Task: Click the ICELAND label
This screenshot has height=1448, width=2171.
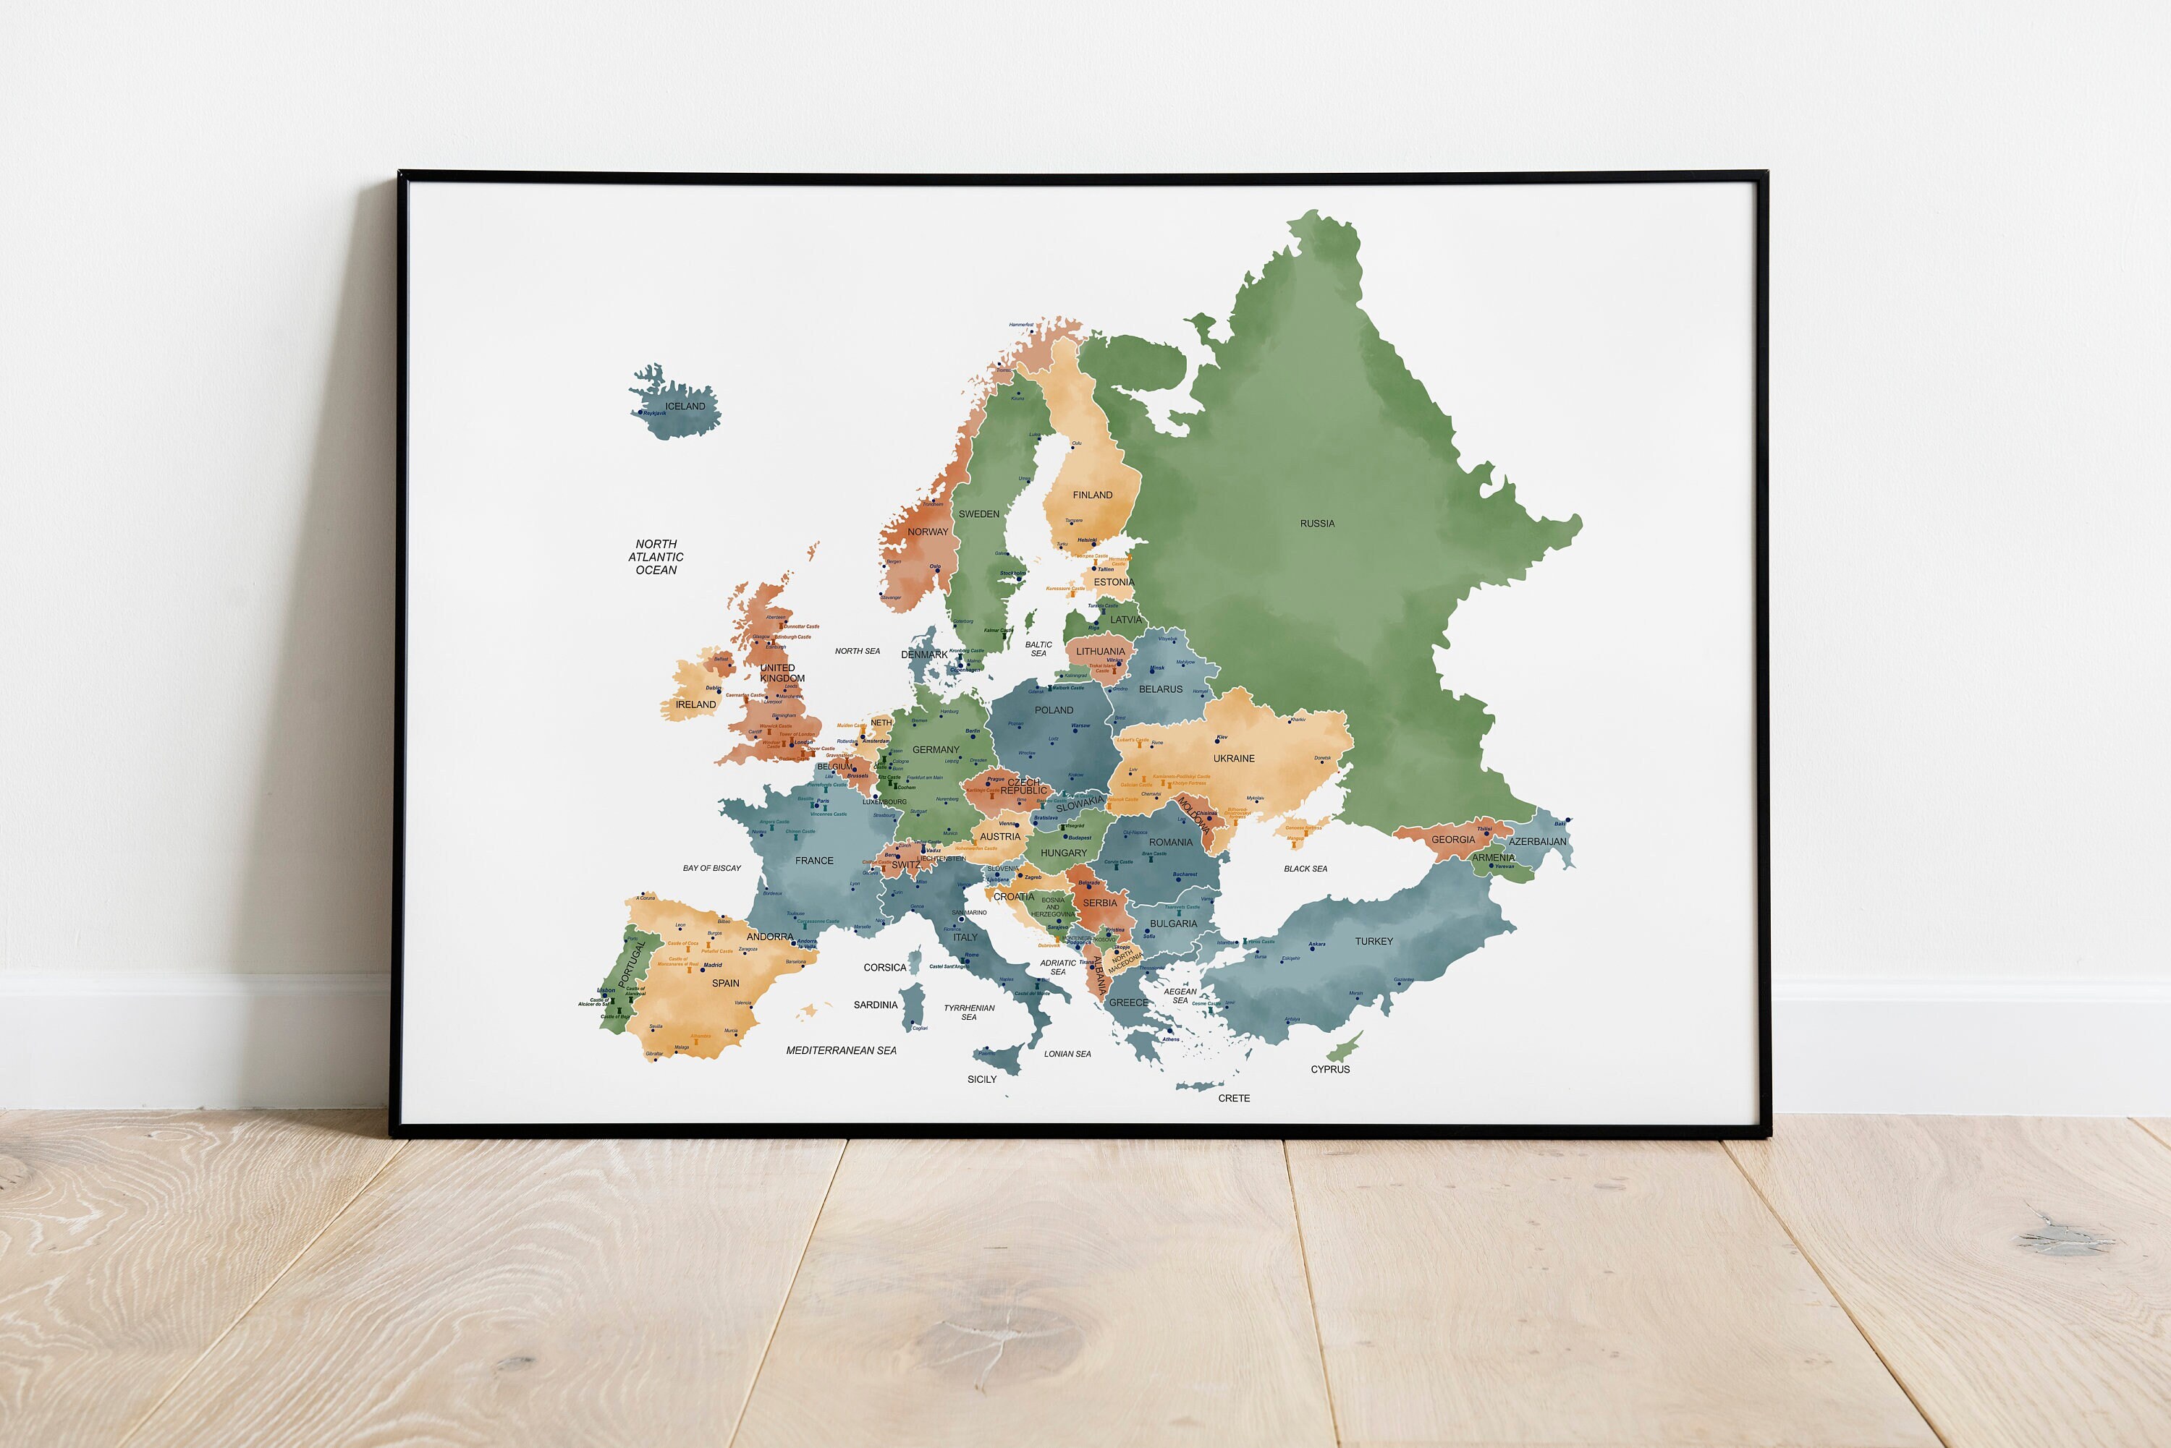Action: pos(685,406)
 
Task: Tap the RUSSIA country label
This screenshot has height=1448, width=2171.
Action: pos(1316,524)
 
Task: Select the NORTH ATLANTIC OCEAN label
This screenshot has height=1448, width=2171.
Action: pos(656,557)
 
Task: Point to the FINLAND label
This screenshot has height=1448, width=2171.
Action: pos(1092,495)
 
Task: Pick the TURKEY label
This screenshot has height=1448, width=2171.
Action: pos(1373,941)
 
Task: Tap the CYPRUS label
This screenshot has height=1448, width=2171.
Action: pos(1329,1070)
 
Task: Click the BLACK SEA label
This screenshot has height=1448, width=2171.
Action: pos(1305,869)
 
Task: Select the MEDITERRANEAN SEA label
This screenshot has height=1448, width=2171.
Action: pos(841,1050)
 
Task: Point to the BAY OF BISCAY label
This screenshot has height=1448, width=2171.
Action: pos(711,868)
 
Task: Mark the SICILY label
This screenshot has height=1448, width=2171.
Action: pos(981,1078)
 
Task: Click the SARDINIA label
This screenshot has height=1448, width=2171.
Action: pos(875,1005)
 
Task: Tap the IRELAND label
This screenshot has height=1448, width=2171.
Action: pos(695,704)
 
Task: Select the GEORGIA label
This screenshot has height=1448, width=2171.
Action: pos(1452,840)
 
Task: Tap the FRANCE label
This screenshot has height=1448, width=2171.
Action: pos(814,861)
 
